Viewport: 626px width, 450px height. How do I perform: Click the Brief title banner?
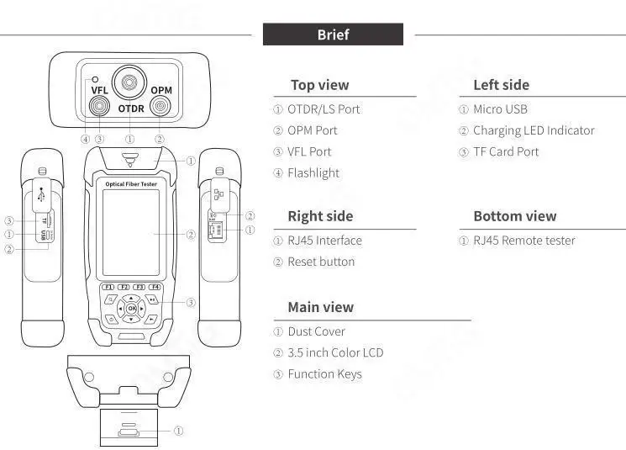pyautogui.click(x=333, y=34)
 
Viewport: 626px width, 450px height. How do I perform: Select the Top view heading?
pyautogui.click(x=319, y=85)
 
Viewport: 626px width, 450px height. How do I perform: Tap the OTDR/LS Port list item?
pyautogui.click(x=324, y=109)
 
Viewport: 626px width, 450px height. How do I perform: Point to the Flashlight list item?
pyautogui.click(x=313, y=173)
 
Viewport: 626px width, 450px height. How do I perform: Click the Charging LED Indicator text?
pyautogui.click(x=534, y=130)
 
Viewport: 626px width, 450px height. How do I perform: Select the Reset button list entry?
pyautogui.click(x=321, y=262)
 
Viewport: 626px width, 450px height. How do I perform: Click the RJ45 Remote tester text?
pyautogui.click(x=524, y=241)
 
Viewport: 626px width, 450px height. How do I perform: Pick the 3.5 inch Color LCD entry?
pyautogui.click(x=335, y=352)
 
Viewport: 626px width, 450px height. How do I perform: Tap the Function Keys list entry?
pyautogui.click(x=324, y=374)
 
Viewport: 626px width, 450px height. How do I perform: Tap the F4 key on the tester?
pyautogui.click(x=155, y=288)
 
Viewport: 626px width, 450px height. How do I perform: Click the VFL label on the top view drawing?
pyautogui.click(x=99, y=90)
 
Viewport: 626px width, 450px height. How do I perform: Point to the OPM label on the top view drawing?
pyautogui.click(x=161, y=90)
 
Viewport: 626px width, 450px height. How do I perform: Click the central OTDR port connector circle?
pyautogui.click(x=130, y=82)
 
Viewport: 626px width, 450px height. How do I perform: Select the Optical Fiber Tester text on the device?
pyautogui.click(x=131, y=183)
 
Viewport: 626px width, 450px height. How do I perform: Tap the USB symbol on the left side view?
pyautogui.click(x=42, y=192)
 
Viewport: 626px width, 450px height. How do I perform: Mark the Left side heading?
pyautogui.click(x=501, y=85)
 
